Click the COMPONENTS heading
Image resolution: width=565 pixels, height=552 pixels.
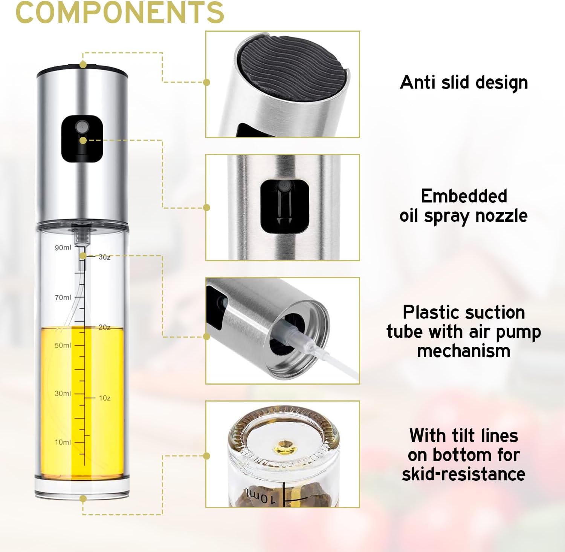pos(120,12)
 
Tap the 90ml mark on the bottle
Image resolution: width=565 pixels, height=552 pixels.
pos(63,248)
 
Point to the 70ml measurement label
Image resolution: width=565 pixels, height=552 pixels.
pos(63,297)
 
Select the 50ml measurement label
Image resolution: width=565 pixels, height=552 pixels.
pos(63,345)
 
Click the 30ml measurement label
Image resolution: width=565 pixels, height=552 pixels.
pos(63,393)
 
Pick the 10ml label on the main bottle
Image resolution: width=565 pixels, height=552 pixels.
pos(63,442)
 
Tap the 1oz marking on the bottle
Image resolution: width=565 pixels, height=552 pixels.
pos(105,398)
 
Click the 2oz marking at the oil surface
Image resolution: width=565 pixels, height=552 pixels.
pos(104,327)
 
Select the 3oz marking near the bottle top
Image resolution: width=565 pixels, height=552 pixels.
pos(104,257)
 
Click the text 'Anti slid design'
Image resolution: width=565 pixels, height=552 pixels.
pos(464,83)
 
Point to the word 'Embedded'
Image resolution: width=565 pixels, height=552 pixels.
pos(464,196)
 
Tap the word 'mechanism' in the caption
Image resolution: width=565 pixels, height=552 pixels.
pos(464,351)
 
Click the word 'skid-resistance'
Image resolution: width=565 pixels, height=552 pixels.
pos(464,474)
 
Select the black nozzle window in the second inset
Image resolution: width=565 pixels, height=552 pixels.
pos(285,206)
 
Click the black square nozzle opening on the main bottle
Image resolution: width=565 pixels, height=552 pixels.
pos(82,139)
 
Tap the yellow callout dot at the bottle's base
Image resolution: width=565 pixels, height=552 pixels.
pos(83,498)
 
